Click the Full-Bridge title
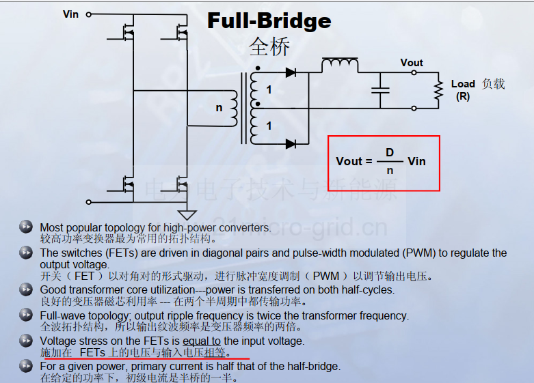pyautogui.click(x=269, y=21)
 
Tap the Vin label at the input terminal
pyautogui.click(x=71, y=14)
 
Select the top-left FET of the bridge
pyautogui.click(x=124, y=33)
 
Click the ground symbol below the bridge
pyautogui.click(x=187, y=215)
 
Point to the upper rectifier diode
pyautogui.click(x=291, y=72)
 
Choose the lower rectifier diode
pyautogui.click(x=291, y=144)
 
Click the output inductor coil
pyautogui.click(x=340, y=63)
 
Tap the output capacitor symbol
pyautogui.click(x=380, y=90)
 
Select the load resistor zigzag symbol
pyautogui.click(x=439, y=90)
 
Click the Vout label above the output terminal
pyautogui.click(x=412, y=63)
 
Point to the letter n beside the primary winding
pyautogui.click(x=219, y=108)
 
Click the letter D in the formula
pyautogui.click(x=390, y=152)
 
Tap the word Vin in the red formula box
pyautogui.click(x=416, y=161)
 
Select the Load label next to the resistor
pyautogui.click(x=463, y=84)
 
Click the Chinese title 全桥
pyautogui.click(x=269, y=46)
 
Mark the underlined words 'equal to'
pyautogui.click(x=202, y=341)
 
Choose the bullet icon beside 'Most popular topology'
pyautogui.click(x=26, y=227)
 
